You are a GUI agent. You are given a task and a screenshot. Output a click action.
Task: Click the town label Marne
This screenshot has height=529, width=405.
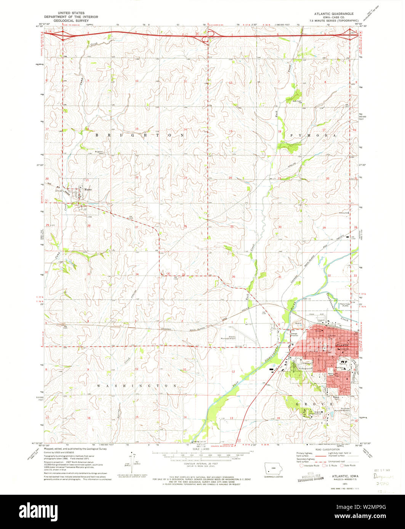pos(88,189)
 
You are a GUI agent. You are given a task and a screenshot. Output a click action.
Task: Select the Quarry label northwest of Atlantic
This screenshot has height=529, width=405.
pos(298,323)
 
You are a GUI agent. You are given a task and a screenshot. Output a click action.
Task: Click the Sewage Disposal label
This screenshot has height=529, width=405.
pos(294,335)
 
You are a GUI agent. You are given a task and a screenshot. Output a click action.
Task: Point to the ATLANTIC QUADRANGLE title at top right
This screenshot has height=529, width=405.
pos(333,13)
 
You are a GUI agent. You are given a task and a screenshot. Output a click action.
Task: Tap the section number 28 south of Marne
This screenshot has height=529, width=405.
pos(88,226)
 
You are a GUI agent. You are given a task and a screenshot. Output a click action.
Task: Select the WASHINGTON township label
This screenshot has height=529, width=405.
pos(137,386)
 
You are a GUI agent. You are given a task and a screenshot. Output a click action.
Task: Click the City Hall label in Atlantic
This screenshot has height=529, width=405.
pos(332,335)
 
